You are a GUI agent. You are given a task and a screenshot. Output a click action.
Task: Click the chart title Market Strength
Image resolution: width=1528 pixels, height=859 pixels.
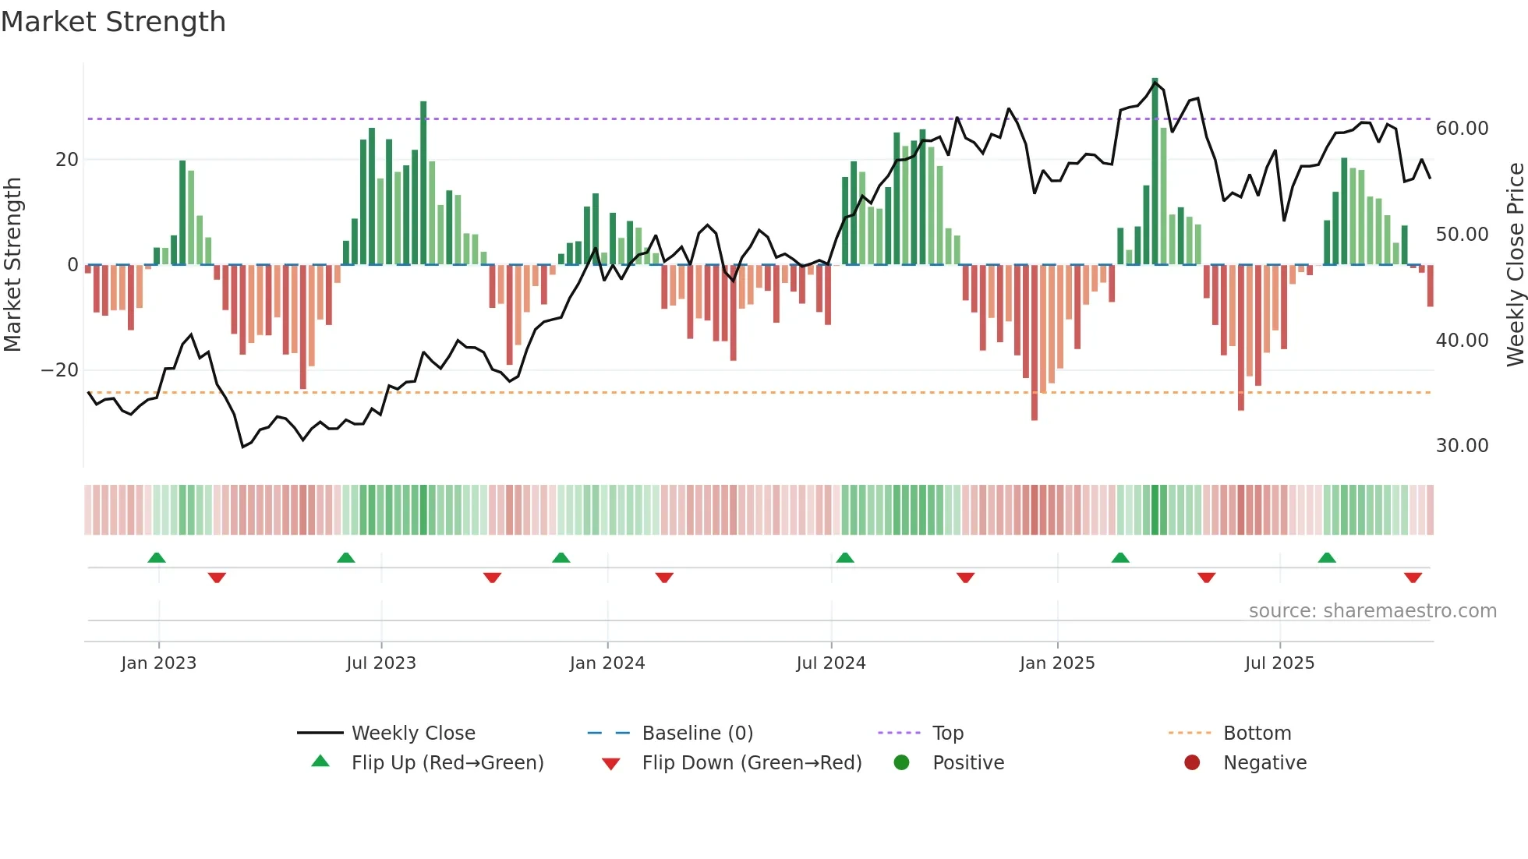[x=113, y=22]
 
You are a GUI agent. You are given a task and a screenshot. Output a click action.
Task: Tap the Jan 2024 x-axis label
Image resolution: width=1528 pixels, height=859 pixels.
[x=607, y=663]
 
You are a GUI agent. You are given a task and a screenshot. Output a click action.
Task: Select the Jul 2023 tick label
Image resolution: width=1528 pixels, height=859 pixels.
[x=381, y=663]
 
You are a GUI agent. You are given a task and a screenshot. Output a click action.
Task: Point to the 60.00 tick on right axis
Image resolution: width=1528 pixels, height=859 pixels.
[x=1462, y=129]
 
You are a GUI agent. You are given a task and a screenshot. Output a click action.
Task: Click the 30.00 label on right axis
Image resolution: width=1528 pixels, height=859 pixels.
[x=1462, y=446]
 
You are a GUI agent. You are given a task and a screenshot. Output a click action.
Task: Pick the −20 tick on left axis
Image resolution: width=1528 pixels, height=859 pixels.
[x=60, y=370]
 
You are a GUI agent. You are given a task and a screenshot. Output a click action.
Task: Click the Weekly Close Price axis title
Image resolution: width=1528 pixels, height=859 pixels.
[x=1515, y=265]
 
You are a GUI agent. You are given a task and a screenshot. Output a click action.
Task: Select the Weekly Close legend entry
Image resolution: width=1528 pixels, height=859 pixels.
[x=412, y=734]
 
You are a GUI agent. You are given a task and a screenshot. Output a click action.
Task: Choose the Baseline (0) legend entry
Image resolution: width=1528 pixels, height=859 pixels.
[x=697, y=734]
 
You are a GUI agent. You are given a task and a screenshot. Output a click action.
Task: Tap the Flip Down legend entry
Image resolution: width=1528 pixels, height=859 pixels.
[x=751, y=763]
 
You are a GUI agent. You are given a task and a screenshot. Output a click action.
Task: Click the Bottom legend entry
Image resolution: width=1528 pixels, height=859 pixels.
[x=1257, y=734]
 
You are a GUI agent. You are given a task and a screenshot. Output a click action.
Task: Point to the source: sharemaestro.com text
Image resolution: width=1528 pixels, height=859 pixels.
[x=1372, y=611]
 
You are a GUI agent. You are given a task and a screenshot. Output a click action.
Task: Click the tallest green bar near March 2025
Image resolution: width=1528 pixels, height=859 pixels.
[x=1155, y=171]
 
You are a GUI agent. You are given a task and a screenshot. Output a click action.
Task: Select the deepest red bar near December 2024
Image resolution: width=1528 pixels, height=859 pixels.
[x=1035, y=343]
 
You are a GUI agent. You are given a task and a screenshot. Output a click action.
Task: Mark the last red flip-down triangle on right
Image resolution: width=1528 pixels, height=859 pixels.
[x=1413, y=578]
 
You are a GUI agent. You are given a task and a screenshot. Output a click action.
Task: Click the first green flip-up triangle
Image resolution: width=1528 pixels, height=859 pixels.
[x=157, y=557]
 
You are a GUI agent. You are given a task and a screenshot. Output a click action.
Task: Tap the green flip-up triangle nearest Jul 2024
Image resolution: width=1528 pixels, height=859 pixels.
[x=845, y=557]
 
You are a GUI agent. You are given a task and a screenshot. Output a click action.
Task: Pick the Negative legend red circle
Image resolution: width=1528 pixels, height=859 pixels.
[x=1192, y=763]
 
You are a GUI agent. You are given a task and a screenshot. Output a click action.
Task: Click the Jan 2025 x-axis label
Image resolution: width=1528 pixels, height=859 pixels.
[x=1057, y=663]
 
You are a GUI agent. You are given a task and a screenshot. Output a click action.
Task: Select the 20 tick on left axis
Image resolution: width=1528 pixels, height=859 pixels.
[x=67, y=160]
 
